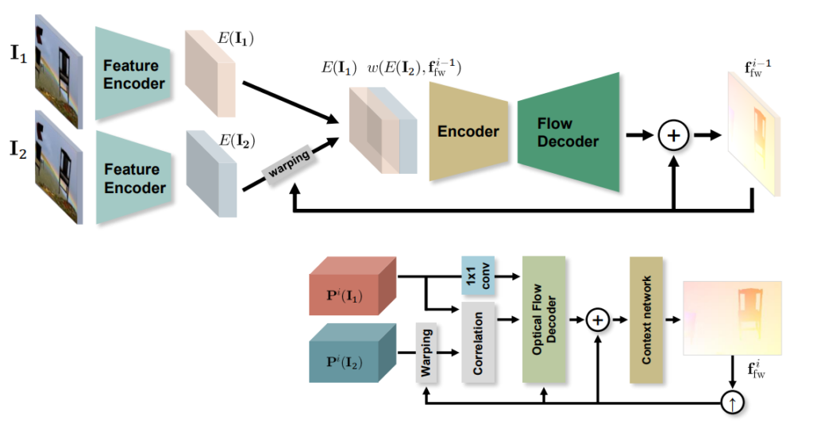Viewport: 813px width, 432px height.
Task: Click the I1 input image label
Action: pos(18,56)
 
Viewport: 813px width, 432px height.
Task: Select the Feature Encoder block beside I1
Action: pos(131,74)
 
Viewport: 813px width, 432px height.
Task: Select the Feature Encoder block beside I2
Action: pos(131,178)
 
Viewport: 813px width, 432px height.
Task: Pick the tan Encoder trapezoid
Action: pos(468,131)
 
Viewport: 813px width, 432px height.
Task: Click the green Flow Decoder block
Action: pos(568,132)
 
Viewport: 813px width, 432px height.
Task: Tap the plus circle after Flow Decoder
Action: pos(673,136)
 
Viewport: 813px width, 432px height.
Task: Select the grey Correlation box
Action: pos(478,341)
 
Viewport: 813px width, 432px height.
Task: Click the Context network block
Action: pos(645,319)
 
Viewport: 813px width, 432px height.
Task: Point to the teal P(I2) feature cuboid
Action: pos(353,353)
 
